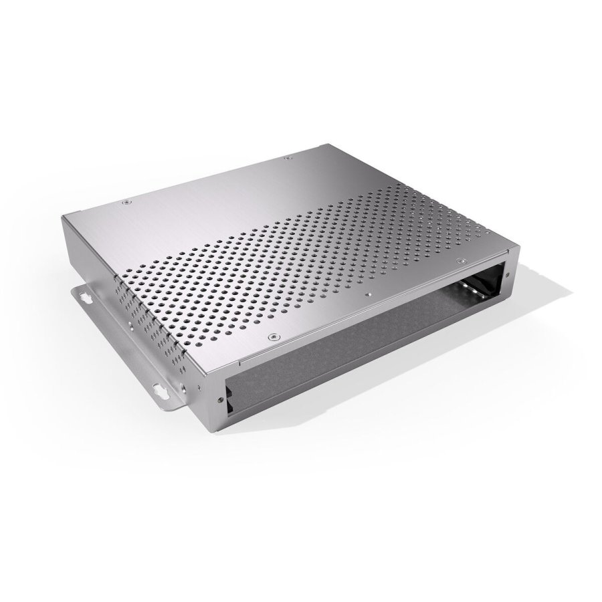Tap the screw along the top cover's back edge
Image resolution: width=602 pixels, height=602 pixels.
click(x=288, y=158)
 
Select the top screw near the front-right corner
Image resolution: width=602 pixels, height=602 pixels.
click(x=460, y=260)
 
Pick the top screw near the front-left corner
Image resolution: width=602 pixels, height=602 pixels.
click(x=272, y=336)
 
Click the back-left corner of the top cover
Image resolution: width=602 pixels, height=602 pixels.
click(x=64, y=217)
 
